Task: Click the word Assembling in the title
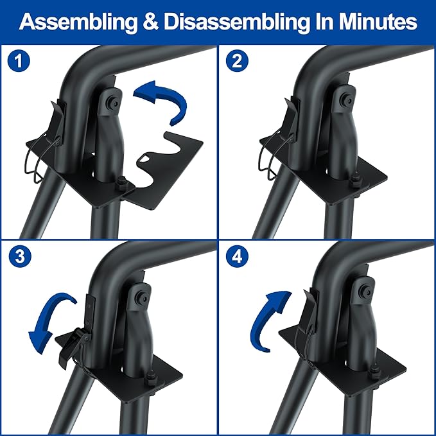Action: [x=78, y=22]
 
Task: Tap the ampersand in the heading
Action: [x=151, y=22]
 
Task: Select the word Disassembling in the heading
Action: [x=237, y=22]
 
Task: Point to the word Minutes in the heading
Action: [x=378, y=22]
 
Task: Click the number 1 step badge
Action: [x=19, y=60]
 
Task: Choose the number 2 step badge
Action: [x=237, y=60]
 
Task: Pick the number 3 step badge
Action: [x=20, y=256]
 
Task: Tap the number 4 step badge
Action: [x=237, y=256]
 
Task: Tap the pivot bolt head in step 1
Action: [x=114, y=103]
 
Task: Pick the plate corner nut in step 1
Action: [x=121, y=184]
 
